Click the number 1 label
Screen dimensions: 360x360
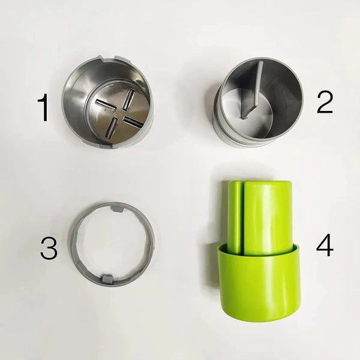tap(43, 108)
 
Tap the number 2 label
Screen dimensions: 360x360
tap(325, 103)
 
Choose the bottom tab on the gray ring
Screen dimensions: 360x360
tap(108, 278)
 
